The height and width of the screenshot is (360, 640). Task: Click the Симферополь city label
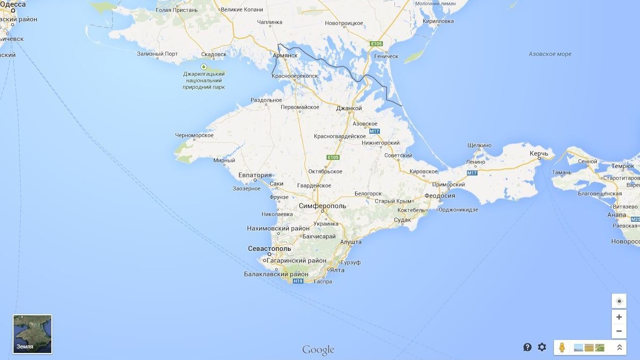tap(323, 206)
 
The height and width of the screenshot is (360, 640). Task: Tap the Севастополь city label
tap(270, 249)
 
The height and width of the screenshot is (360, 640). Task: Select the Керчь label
tap(538, 153)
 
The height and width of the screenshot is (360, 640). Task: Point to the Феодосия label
tap(440, 196)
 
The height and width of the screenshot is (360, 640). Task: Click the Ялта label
tap(337, 271)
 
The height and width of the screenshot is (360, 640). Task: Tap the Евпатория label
tap(255, 175)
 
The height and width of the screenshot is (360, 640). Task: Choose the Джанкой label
tap(349, 109)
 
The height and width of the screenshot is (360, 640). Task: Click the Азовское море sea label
tap(550, 54)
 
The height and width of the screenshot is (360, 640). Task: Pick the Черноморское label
tap(194, 135)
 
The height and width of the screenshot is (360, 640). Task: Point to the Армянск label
tap(285, 55)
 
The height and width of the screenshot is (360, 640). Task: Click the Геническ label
tap(386, 56)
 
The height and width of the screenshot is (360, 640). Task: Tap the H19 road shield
tap(298, 281)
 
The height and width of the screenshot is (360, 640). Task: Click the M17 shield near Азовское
tap(374, 131)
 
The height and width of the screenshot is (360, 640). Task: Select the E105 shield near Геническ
tap(376, 44)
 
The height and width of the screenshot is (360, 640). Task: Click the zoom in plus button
tap(619, 317)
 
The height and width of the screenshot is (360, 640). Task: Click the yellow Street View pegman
tap(563, 347)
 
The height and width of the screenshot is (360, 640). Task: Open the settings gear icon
tap(542, 347)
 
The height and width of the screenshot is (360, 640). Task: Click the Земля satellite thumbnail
tap(32, 334)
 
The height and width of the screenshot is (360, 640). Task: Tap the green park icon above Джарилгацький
tap(204, 67)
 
